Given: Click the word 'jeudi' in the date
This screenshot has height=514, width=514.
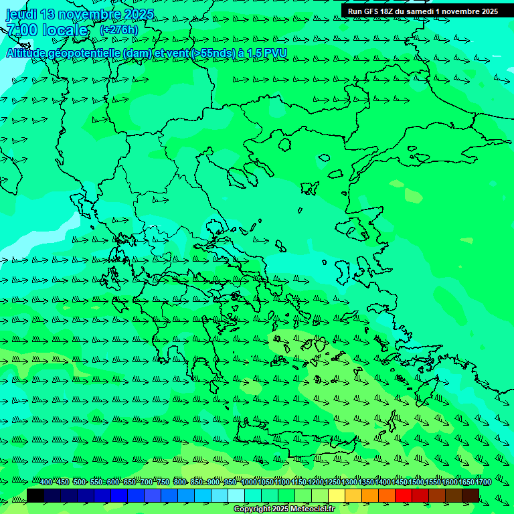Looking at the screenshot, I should click(x=21, y=14).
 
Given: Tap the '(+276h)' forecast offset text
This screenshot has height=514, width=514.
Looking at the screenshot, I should click(x=119, y=30).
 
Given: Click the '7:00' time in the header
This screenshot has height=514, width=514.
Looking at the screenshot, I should click(x=21, y=30).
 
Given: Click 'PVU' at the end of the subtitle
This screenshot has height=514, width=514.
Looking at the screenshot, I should click(x=276, y=53).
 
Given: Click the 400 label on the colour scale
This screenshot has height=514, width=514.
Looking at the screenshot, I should click(x=46, y=483).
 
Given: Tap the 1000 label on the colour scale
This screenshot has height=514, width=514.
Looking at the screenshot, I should click(x=249, y=483).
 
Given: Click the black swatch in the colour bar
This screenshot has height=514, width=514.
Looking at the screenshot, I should click(x=35, y=495).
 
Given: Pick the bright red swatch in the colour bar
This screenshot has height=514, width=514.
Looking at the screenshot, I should click(x=404, y=495).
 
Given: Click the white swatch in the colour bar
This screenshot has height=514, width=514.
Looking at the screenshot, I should click(x=236, y=495).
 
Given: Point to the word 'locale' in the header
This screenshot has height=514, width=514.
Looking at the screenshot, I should click(x=66, y=30).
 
